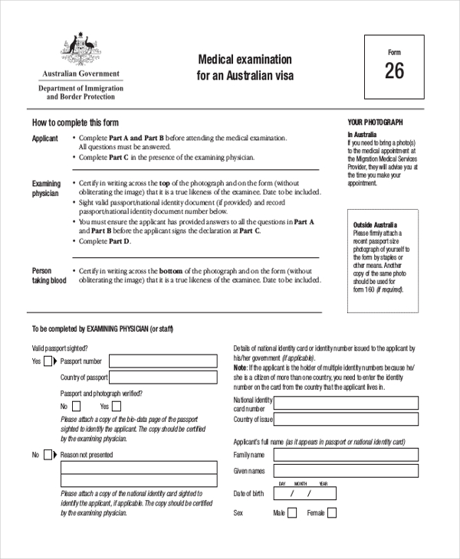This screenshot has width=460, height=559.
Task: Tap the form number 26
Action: [394, 71]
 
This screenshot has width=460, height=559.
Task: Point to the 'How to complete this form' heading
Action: [75, 123]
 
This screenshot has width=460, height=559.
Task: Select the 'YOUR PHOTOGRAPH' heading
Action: [375, 123]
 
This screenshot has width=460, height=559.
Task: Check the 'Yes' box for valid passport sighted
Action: [48, 361]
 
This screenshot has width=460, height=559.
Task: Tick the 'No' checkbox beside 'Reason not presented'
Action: [48, 455]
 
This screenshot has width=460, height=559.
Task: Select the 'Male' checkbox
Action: [291, 513]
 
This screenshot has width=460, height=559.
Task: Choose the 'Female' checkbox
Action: [331, 513]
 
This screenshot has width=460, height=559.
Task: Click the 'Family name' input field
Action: [343, 455]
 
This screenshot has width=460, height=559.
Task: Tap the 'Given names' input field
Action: [343, 471]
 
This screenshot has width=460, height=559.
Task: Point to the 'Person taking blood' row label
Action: [49, 276]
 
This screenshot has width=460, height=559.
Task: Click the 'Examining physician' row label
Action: [46, 188]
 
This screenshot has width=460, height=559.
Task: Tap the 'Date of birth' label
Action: [248, 493]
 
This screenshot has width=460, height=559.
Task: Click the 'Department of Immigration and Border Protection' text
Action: [80, 93]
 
